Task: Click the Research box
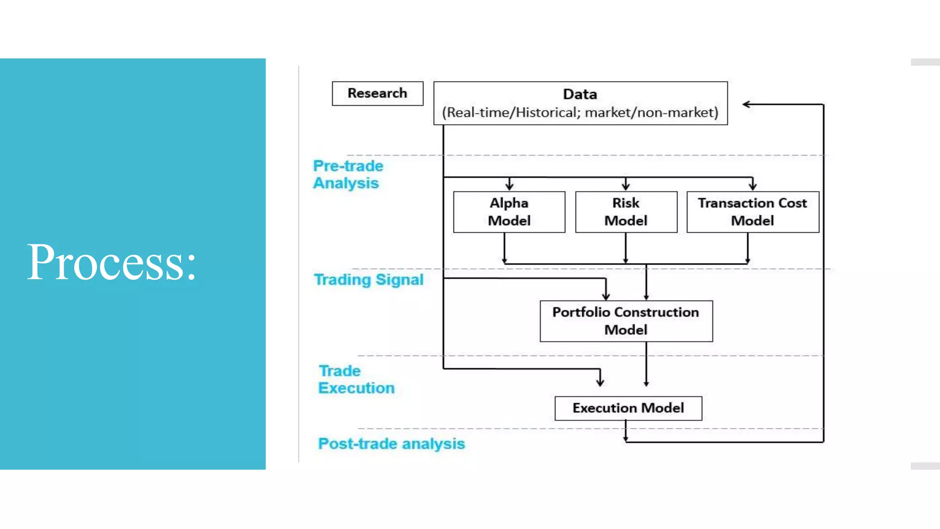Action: [377, 93]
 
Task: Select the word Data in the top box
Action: [580, 94]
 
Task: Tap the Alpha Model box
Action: [509, 212]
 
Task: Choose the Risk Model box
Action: [626, 212]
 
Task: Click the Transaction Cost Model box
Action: [752, 212]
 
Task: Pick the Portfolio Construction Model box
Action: [626, 321]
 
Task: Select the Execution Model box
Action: [628, 408]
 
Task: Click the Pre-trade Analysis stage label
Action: [348, 174]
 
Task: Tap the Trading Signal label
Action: [369, 280]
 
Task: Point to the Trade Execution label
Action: [356, 379]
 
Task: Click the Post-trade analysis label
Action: [392, 444]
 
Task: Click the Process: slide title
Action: [112, 262]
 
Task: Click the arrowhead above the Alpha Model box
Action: [509, 186]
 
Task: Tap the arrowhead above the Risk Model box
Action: [626, 186]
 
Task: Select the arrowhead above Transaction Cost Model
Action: [753, 186]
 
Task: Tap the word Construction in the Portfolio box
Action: [656, 312]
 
